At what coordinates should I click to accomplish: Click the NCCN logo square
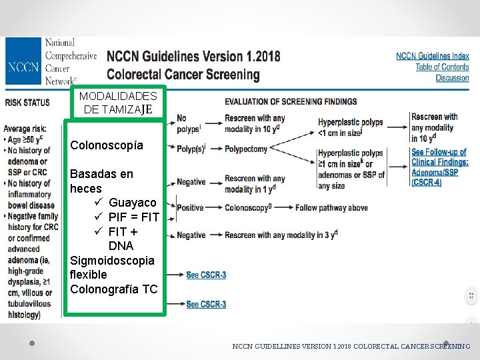[23, 67]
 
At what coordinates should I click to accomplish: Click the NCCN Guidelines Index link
[432, 56]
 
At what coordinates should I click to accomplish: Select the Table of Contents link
[442, 67]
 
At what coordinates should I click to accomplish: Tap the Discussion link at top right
[452, 78]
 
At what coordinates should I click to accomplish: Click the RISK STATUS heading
[27, 102]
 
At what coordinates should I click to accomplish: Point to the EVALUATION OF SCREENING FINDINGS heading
[290, 101]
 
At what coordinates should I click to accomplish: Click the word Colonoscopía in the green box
[107, 145]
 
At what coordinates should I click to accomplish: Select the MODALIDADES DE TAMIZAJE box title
[117, 102]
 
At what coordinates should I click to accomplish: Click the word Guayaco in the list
[132, 202]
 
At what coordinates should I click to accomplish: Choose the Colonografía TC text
[113, 289]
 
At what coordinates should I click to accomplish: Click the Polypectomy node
[245, 149]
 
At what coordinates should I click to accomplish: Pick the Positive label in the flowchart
[191, 208]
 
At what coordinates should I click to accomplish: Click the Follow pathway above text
[331, 208]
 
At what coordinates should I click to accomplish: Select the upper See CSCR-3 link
[205, 275]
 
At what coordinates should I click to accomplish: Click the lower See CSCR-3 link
[205, 305]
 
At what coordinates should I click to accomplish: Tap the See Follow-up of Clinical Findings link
[439, 157]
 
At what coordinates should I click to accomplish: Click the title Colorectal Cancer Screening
[183, 74]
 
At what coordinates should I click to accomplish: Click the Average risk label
[25, 128]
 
